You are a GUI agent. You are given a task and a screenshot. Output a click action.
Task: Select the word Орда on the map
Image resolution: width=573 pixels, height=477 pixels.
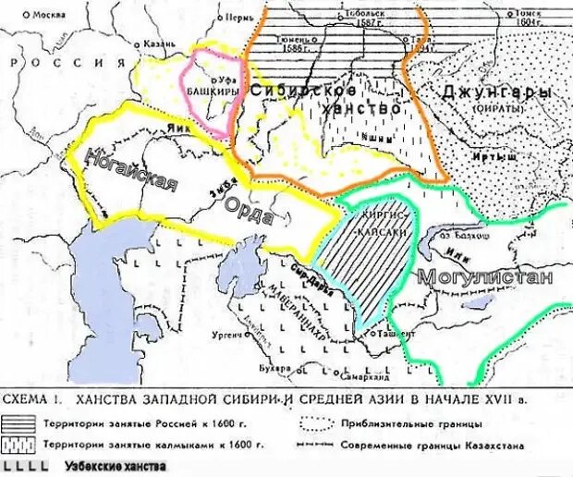[x=247, y=214]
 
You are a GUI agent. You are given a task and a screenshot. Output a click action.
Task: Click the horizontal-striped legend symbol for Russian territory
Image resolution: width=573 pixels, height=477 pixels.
[x=32, y=424]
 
